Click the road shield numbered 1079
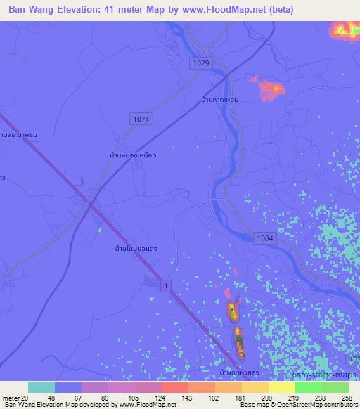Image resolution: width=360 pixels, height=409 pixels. (200, 63)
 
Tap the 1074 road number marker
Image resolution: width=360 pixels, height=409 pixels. (141, 119)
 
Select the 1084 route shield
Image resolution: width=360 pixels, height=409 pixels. (266, 239)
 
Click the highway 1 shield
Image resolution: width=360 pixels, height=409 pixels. (165, 283)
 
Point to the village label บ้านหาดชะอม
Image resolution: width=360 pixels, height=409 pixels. (220, 100)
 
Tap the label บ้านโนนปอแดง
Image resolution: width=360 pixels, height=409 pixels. (136, 249)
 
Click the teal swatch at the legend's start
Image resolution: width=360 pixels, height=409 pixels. (41, 387)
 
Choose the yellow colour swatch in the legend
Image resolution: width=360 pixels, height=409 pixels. (282, 387)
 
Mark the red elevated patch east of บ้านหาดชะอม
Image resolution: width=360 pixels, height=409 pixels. (271, 89)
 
